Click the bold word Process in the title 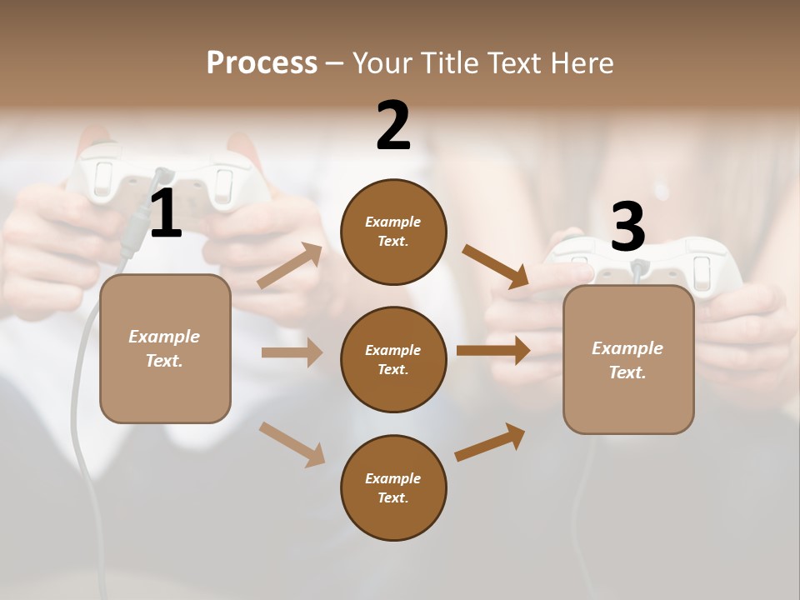(x=262, y=63)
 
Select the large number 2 (x=393, y=126)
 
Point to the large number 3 (x=627, y=227)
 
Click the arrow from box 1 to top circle (x=290, y=266)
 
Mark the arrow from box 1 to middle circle (x=292, y=352)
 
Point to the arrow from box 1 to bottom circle (x=292, y=444)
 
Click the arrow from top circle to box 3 (x=496, y=267)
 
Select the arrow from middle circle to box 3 (x=493, y=350)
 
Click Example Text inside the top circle (x=393, y=232)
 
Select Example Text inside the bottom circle (x=393, y=488)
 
